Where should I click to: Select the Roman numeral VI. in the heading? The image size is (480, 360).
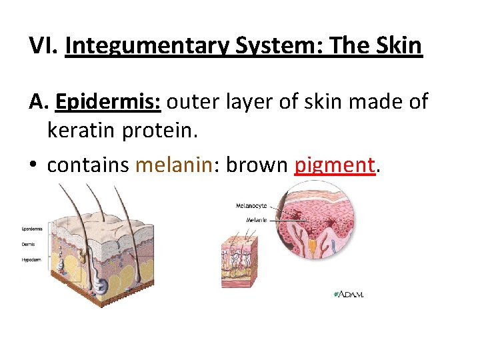[x=43, y=45]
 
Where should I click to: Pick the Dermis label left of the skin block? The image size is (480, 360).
[x=30, y=243]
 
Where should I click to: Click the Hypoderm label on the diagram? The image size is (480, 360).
[x=31, y=258]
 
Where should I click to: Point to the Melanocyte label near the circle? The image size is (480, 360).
[x=251, y=205]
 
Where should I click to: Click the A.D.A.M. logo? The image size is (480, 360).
[x=349, y=294]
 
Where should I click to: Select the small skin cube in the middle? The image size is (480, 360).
[x=239, y=261]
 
